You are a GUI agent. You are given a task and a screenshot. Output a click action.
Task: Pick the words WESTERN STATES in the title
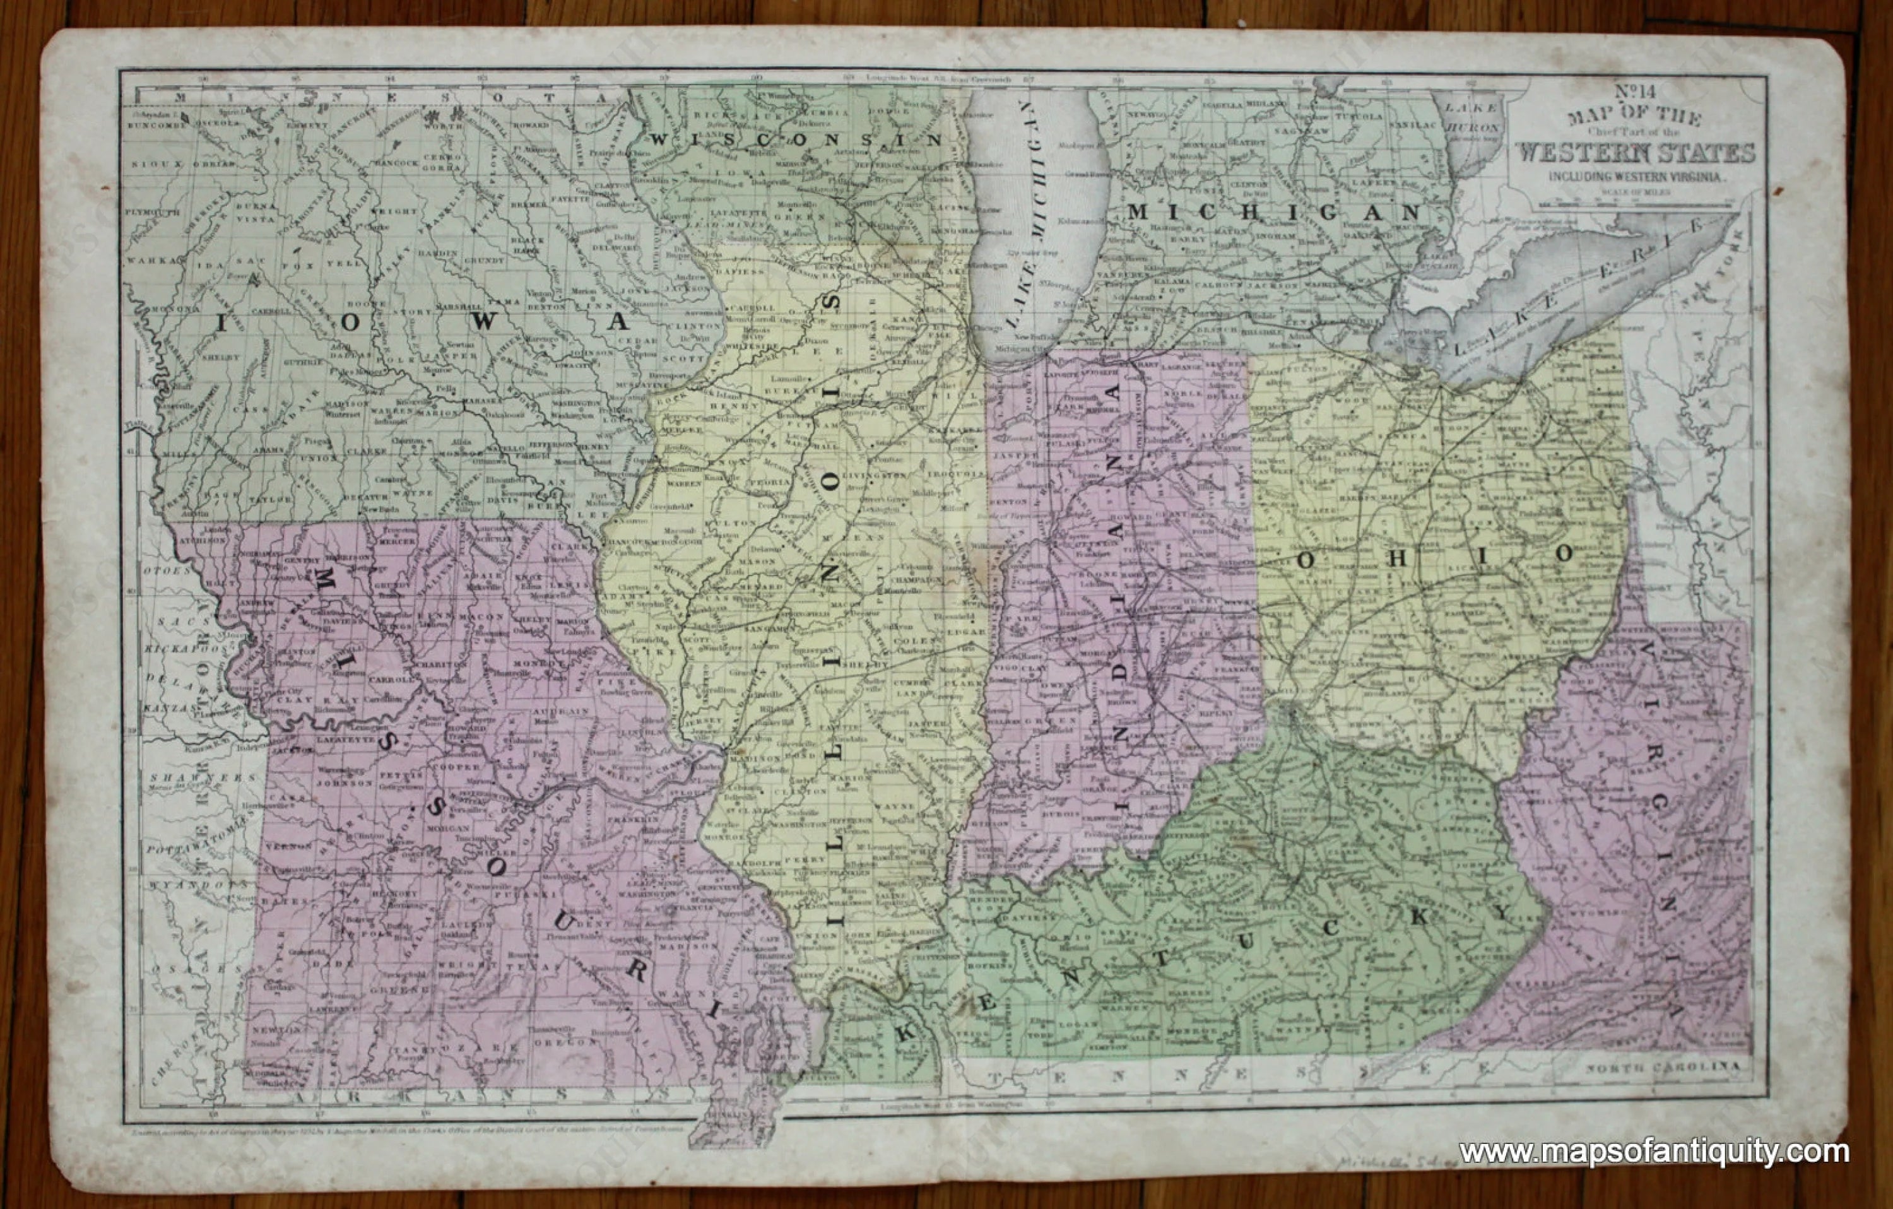pyautogui.click(x=1635, y=151)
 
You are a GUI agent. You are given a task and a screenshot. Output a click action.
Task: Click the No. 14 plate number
pyautogui.click(x=1635, y=93)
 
